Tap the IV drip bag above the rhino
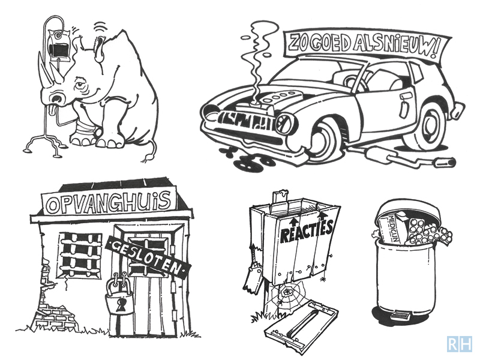[60, 46]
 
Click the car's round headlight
[286, 125]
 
